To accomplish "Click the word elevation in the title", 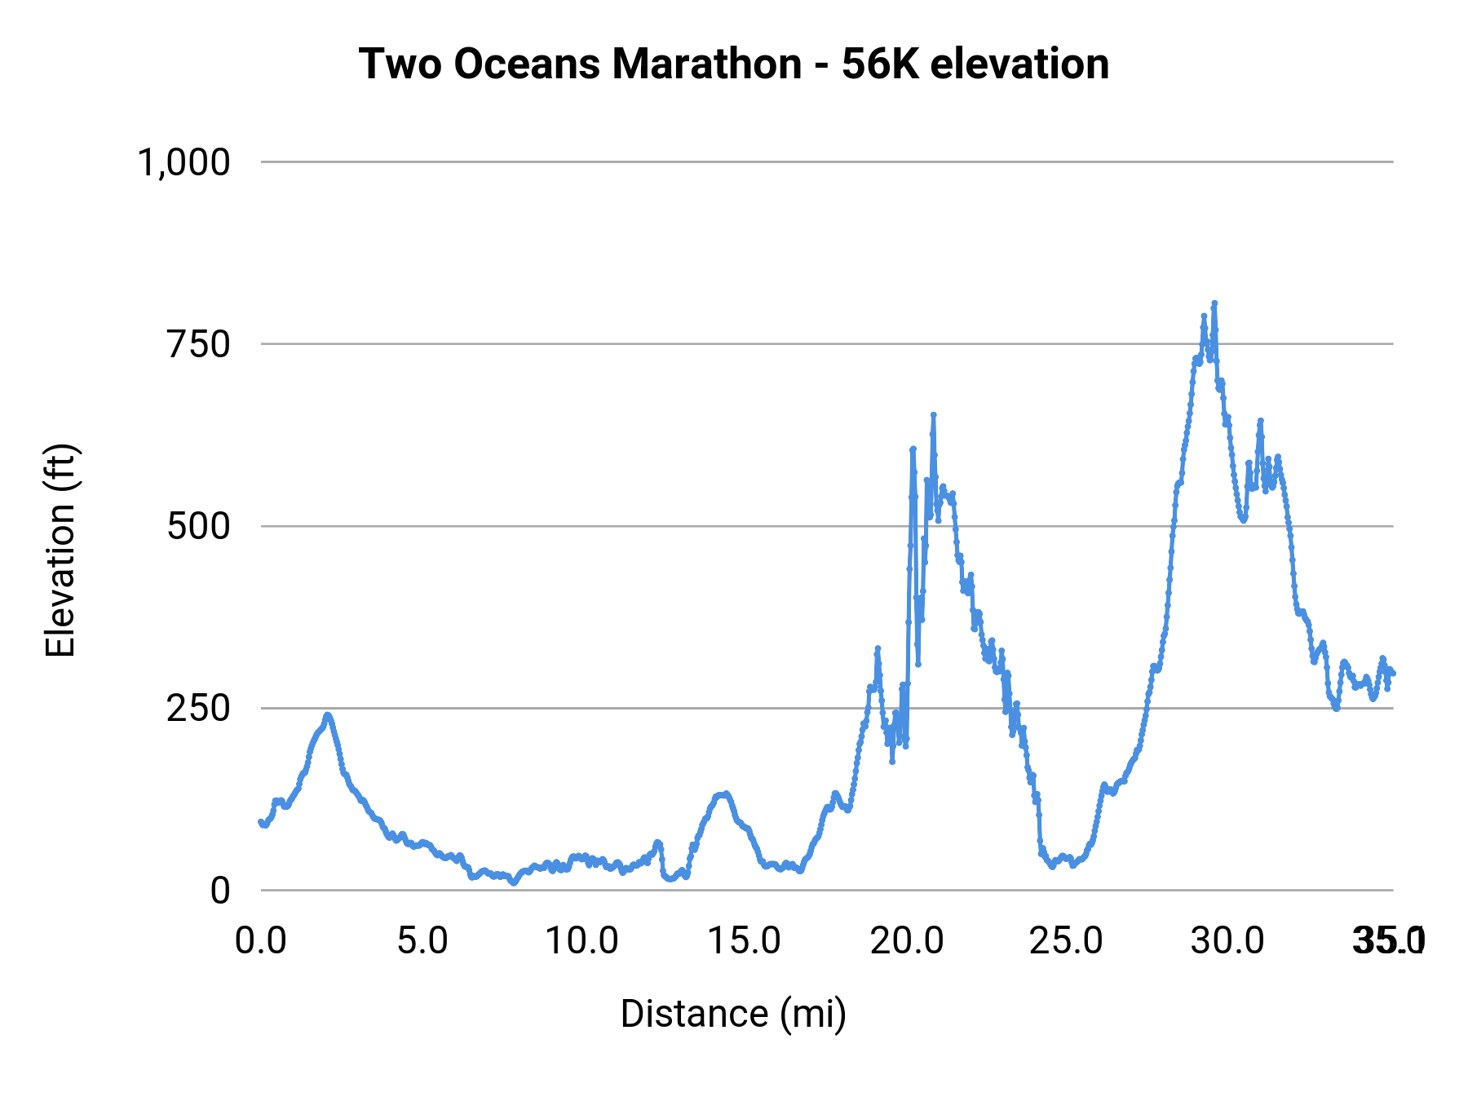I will pyautogui.click(x=1019, y=64).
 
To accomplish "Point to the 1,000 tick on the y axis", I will pyautogui.click(x=184, y=162).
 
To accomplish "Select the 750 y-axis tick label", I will pyautogui.click(x=199, y=344).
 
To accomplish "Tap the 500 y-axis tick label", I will pyautogui.click(x=199, y=526).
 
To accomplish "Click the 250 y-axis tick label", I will pyautogui.click(x=199, y=708).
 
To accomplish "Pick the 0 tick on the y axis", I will pyautogui.click(x=220, y=891).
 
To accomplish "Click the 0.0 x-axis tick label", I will pyautogui.click(x=261, y=941).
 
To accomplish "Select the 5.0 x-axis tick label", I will pyautogui.click(x=422, y=941).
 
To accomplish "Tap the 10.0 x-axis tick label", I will pyautogui.click(x=582, y=941).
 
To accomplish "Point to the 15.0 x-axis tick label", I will pyautogui.click(x=744, y=941).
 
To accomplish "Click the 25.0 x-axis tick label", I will pyautogui.click(x=1067, y=941).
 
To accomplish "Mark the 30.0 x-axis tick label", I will pyautogui.click(x=1227, y=941).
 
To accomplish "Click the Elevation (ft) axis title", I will pyautogui.click(x=60, y=550).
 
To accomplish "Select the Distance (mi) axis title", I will pyautogui.click(x=733, y=1014).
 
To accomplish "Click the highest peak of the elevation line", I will pyautogui.click(x=1214, y=303).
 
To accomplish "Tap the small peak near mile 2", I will pyautogui.click(x=328, y=715).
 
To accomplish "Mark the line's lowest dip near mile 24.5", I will pyautogui.click(x=1052, y=866).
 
